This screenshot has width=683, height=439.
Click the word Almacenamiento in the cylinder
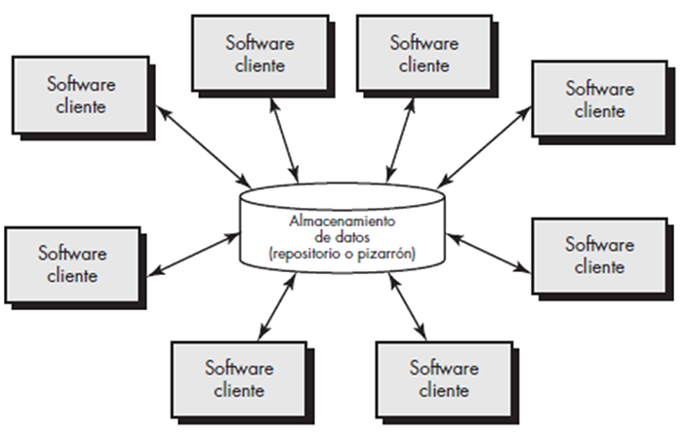(342, 221)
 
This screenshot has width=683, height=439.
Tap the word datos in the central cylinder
(353, 237)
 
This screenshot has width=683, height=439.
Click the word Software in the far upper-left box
(81, 84)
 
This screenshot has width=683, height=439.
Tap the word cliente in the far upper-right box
(599, 111)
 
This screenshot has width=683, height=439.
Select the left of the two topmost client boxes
(261, 54)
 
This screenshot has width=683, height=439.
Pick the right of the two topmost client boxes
(424, 54)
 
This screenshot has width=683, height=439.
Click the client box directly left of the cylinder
(73, 264)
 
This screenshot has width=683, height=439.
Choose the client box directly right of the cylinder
(600, 256)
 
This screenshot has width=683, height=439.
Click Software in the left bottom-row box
(239, 368)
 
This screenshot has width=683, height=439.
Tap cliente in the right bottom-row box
(444, 390)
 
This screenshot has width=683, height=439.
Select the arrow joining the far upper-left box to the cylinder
(203, 146)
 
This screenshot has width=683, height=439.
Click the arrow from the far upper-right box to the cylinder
(484, 147)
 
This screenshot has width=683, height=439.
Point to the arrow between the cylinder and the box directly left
(194, 255)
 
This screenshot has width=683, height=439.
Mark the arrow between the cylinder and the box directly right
(489, 254)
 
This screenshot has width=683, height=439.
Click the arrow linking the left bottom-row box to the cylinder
(277, 306)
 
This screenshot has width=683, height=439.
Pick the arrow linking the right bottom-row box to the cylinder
(407, 306)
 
